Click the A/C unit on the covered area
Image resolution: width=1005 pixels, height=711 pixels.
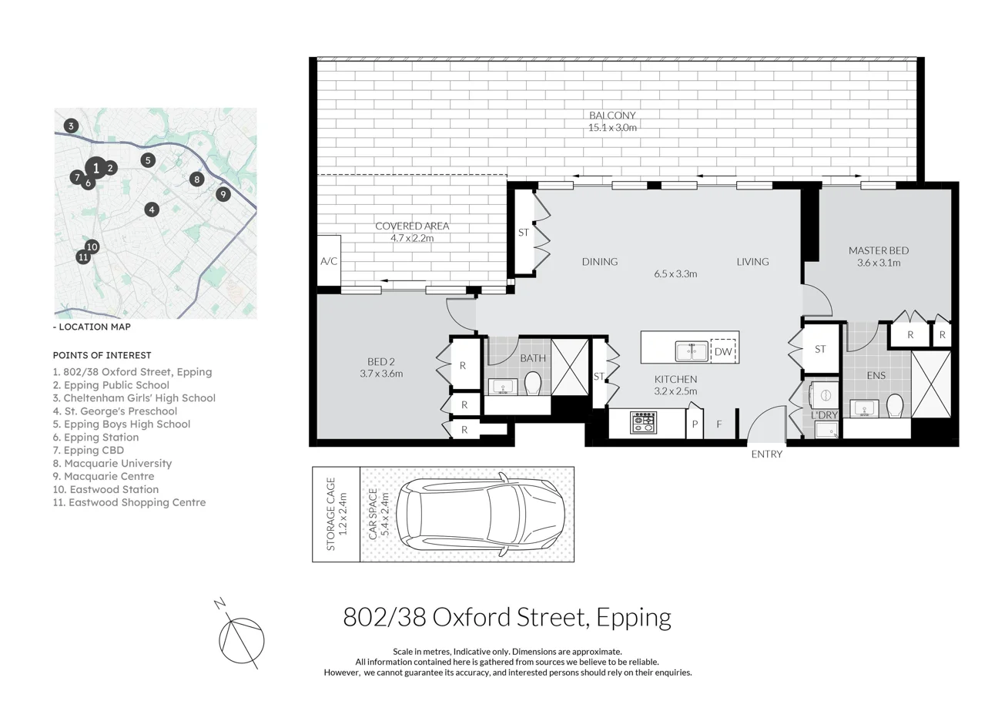point(329,261)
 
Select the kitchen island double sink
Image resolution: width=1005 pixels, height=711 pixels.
point(692,351)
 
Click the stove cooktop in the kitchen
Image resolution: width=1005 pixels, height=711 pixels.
point(642,423)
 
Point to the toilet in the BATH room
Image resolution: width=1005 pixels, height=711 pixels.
point(533,383)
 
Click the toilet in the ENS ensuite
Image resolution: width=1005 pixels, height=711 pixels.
point(894,405)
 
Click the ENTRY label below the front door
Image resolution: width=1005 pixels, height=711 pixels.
point(766,454)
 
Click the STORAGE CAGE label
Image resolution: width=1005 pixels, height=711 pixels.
point(330,514)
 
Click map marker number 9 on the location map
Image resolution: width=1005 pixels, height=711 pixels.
point(223,194)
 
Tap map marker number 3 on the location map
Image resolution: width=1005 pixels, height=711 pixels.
point(71,126)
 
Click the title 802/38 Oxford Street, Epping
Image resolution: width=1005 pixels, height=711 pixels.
point(507,617)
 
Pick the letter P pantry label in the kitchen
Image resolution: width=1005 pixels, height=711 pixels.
point(695,424)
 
